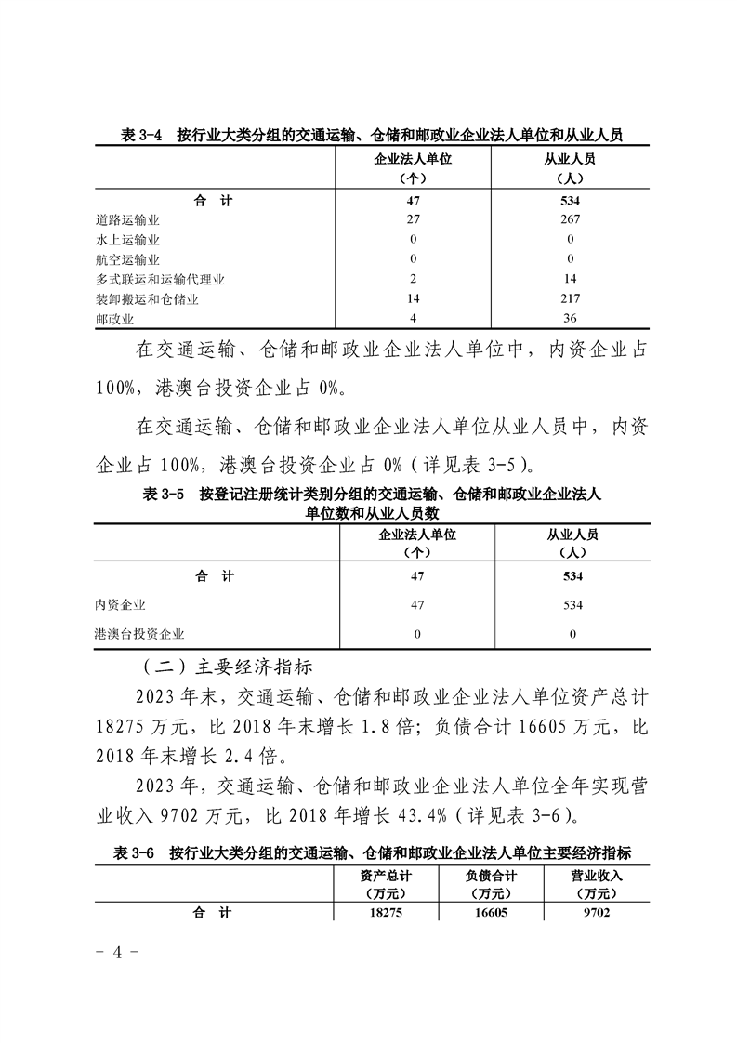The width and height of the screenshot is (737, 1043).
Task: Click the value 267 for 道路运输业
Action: [571, 219]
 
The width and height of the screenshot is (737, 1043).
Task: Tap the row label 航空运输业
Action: [127, 259]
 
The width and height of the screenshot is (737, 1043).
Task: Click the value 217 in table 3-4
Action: [571, 299]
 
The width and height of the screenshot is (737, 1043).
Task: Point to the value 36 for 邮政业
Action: [571, 320]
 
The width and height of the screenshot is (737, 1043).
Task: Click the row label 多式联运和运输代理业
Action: [160, 279]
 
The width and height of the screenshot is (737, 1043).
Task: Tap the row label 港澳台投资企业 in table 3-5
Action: [139, 634]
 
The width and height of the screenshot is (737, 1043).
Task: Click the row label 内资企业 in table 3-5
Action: [120, 605]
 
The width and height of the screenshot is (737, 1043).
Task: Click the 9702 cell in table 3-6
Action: [598, 913]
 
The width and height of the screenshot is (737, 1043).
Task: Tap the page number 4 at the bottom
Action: [117, 954]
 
